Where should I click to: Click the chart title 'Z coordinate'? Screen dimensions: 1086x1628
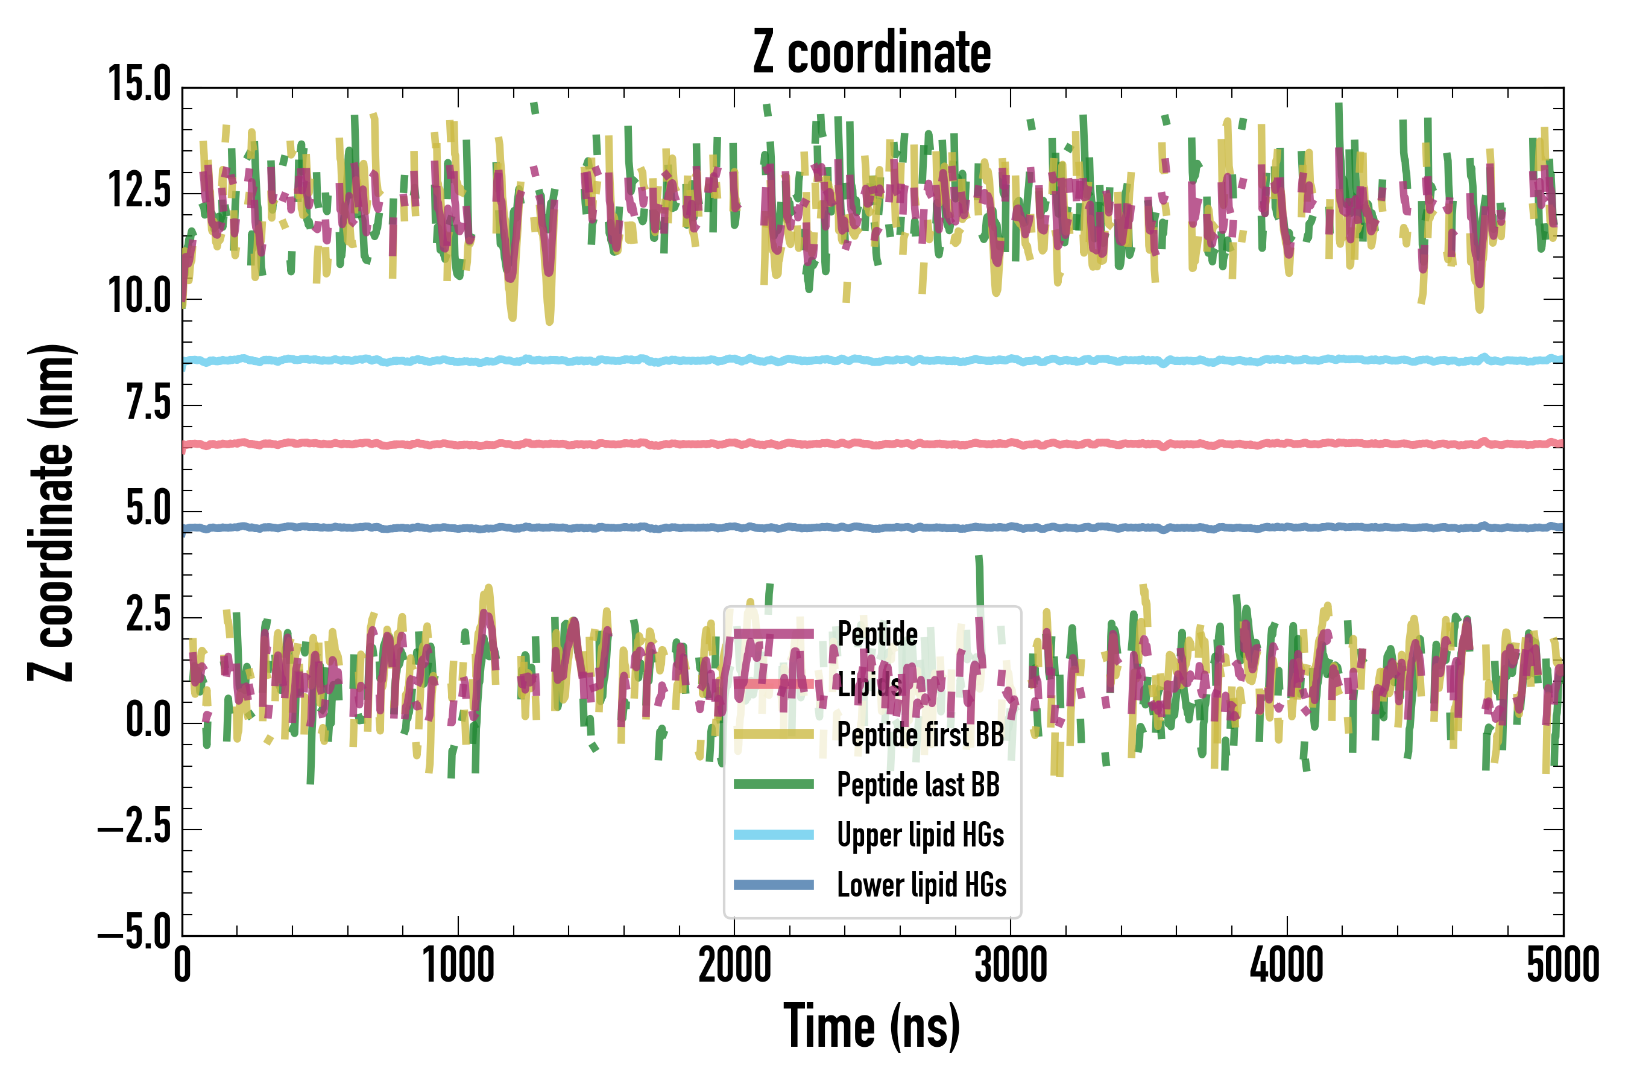pyautogui.click(x=872, y=52)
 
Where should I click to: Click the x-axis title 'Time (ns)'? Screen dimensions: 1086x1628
pyautogui.click(x=872, y=1026)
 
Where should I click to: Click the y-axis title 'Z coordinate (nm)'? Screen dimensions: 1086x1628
pyautogui.click(x=51, y=512)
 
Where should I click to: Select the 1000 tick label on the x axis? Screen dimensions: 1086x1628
pyautogui.click(x=458, y=965)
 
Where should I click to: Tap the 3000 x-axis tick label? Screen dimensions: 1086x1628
pyautogui.click(x=1011, y=965)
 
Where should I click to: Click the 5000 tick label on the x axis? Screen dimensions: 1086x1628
pyautogui.click(x=1563, y=965)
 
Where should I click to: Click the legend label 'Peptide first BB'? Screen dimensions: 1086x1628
pyautogui.click(x=921, y=734)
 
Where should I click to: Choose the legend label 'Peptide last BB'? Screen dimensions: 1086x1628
pyautogui.click(x=918, y=785)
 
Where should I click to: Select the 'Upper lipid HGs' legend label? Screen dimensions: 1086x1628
pyautogui.click(x=921, y=834)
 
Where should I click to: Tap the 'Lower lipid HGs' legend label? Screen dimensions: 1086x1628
pyautogui.click(x=922, y=885)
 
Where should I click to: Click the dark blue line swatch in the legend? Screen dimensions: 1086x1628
pyautogui.click(x=774, y=884)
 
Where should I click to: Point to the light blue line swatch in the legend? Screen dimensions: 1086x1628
pyautogui.click(x=774, y=834)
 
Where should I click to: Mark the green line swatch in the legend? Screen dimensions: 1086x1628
pyautogui.click(x=774, y=784)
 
